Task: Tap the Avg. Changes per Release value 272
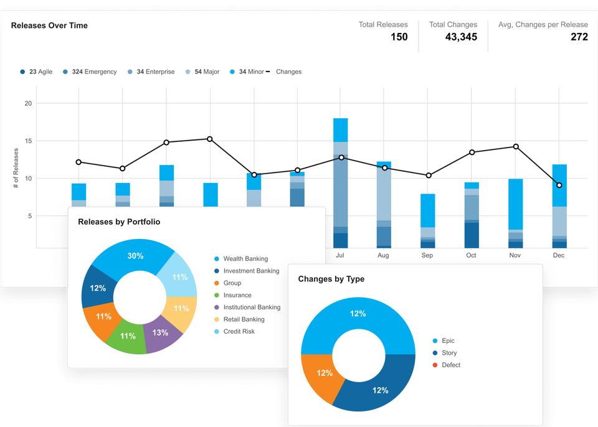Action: (579, 37)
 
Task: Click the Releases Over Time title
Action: (49, 26)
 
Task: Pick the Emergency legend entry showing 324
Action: (90, 72)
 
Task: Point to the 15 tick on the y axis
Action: (27, 141)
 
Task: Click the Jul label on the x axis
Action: (340, 255)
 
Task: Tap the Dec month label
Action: (559, 255)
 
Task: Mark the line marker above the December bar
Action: (559, 185)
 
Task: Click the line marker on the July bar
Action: (341, 157)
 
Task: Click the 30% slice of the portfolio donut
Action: (136, 255)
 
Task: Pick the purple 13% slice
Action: (161, 332)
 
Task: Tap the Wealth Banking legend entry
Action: (245, 259)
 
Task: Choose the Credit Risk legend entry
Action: (238, 331)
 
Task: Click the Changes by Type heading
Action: (331, 279)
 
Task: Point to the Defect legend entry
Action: (450, 365)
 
